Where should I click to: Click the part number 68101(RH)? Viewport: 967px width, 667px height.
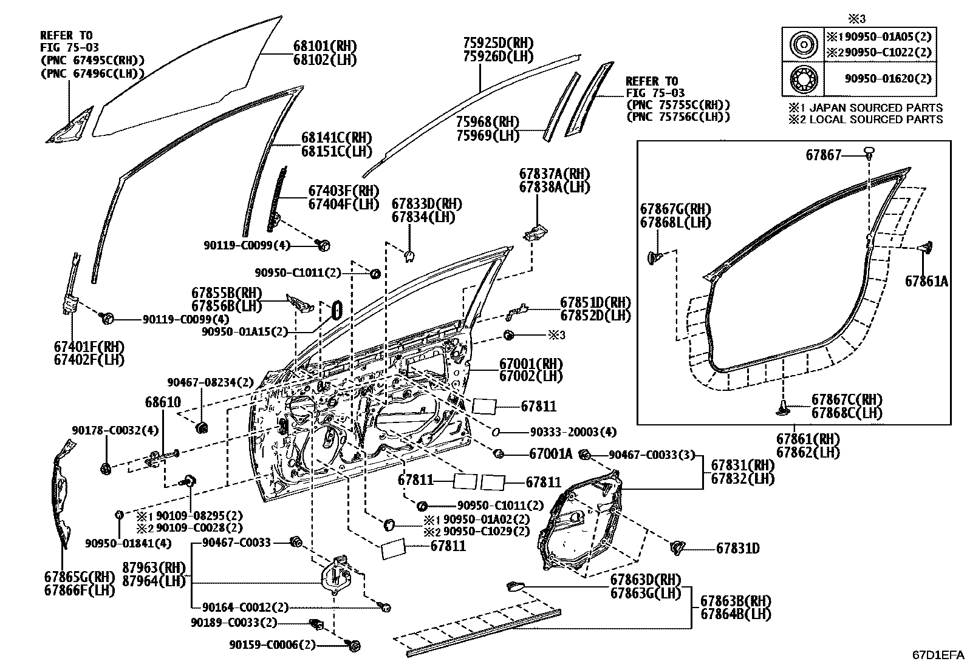click(x=324, y=47)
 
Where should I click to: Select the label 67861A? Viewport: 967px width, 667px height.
click(x=926, y=282)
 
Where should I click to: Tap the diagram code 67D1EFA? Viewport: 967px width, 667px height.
click(x=937, y=655)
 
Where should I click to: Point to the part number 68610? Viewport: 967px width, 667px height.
click(x=162, y=402)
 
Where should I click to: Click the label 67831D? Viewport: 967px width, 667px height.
click(x=737, y=549)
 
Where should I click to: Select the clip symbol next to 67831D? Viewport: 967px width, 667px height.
click(x=677, y=547)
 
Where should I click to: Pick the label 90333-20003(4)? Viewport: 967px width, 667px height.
click(x=573, y=432)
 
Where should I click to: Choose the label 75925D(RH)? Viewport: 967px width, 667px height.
click(x=497, y=43)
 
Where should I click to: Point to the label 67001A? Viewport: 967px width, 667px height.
click(x=550, y=454)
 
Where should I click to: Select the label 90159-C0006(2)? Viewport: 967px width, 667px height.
click(x=272, y=645)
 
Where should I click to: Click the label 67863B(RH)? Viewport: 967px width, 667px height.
click(x=736, y=601)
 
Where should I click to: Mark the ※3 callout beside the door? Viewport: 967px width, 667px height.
click(x=556, y=335)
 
